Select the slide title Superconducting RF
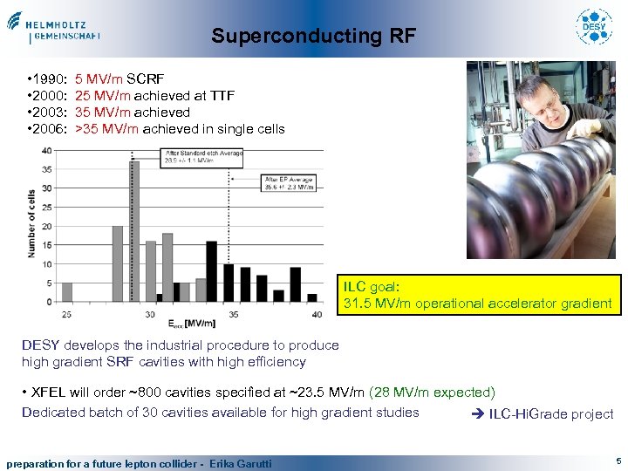pyautogui.click(x=313, y=37)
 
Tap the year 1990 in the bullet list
pyautogui.click(x=51, y=79)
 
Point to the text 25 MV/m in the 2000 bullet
pyautogui.click(x=103, y=96)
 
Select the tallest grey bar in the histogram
pyautogui.click(x=134, y=230)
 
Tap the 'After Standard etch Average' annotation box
pyautogui.click(x=202, y=157)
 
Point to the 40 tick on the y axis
pyautogui.click(x=44, y=150)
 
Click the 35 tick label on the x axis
pyautogui.click(x=233, y=313)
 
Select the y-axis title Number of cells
pyautogui.click(x=31, y=223)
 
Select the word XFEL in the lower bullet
pyautogui.click(x=51, y=393)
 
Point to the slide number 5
pyautogui.click(x=618, y=460)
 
